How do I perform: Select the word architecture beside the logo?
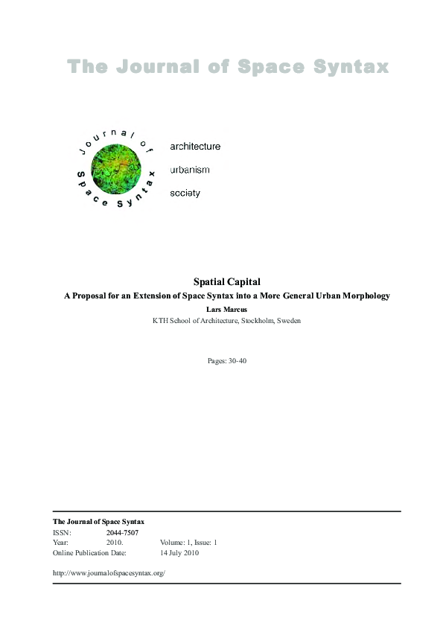[x=196, y=147]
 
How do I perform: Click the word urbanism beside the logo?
[x=191, y=170]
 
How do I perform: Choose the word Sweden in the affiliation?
[x=287, y=321]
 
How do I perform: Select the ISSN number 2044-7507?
[x=123, y=533]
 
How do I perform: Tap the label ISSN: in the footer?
[x=62, y=533]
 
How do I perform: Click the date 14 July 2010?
[x=179, y=553]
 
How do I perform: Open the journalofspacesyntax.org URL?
[x=109, y=572]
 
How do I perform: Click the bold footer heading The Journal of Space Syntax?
[x=99, y=522]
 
